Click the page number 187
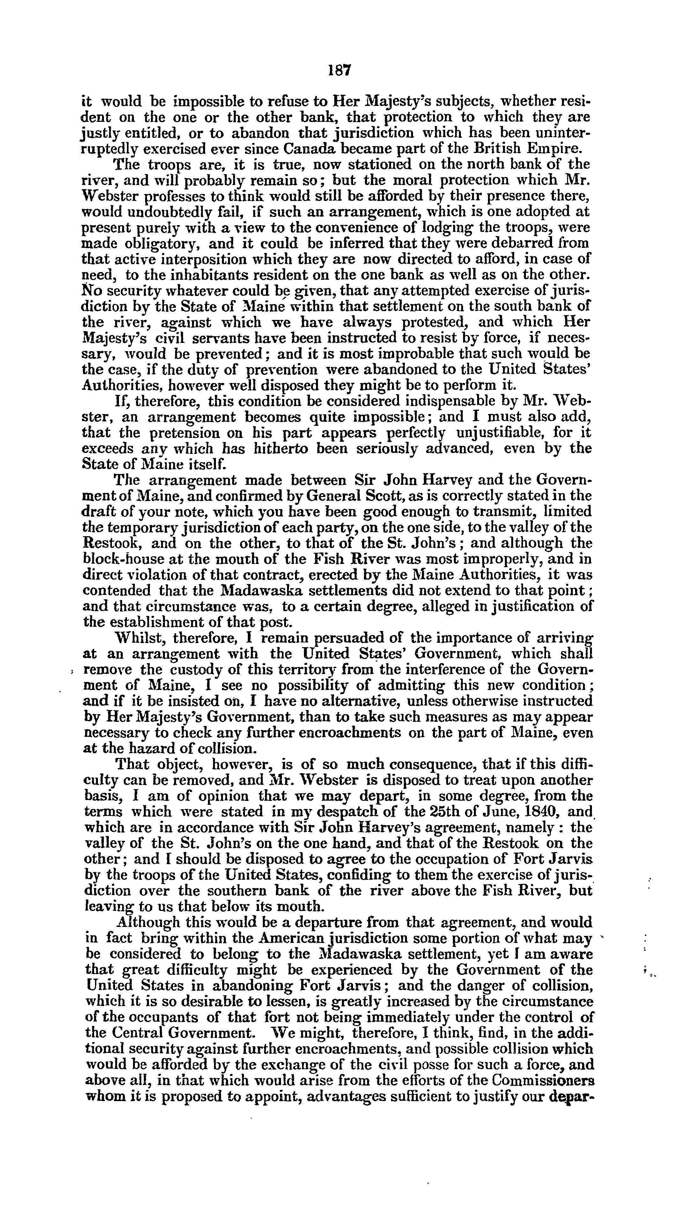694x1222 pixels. [339, 70]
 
